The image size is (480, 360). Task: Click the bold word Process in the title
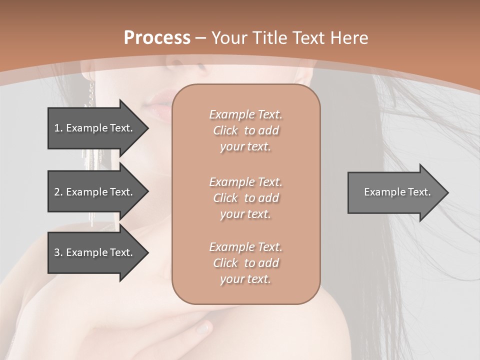point(157,37)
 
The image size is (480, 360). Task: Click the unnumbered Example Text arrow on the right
point(397,192)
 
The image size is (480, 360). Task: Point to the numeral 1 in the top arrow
point(57,128)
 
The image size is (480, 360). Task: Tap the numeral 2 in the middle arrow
point(57,192)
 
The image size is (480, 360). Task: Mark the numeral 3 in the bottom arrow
point(57,252)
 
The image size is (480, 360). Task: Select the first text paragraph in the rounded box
point(245,130)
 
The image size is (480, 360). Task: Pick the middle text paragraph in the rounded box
point(245,198)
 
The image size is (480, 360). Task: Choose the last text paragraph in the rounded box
point(245,263)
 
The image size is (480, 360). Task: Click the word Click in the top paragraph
point(225,130)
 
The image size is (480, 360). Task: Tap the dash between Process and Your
point(200,38)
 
